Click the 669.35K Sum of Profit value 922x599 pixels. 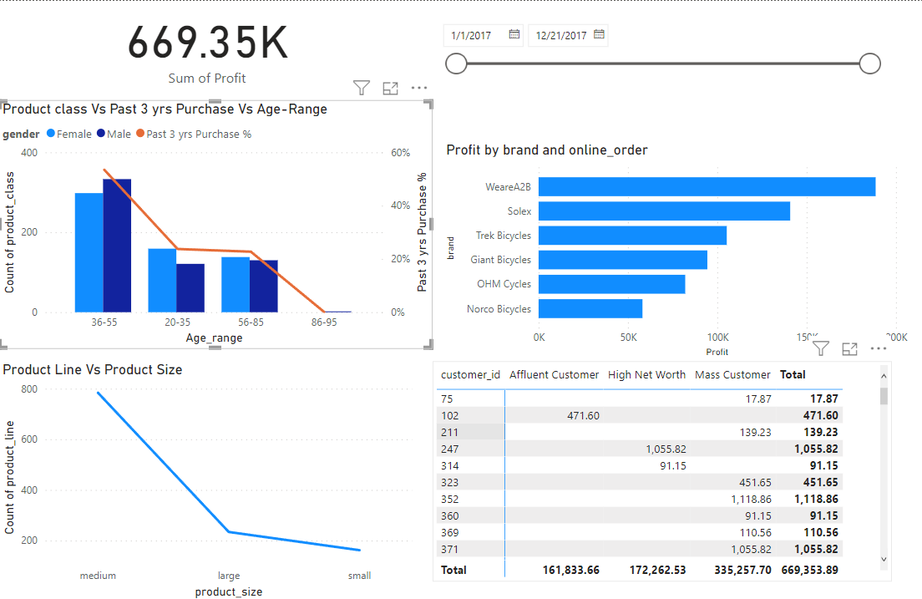(208, 43)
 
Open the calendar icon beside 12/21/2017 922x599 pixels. (599, 35)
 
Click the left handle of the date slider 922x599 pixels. (456, 63)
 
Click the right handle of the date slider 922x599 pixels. (870, 63)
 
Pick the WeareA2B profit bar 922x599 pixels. (707, 186)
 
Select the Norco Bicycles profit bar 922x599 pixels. (590, 309)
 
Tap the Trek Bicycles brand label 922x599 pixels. (503, 236)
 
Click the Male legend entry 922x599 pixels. (114, 134)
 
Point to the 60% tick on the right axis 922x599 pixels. (400, 153)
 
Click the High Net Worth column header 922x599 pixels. (646, 375)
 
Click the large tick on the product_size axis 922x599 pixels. (229, 576)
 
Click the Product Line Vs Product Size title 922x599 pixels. (93, 369)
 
